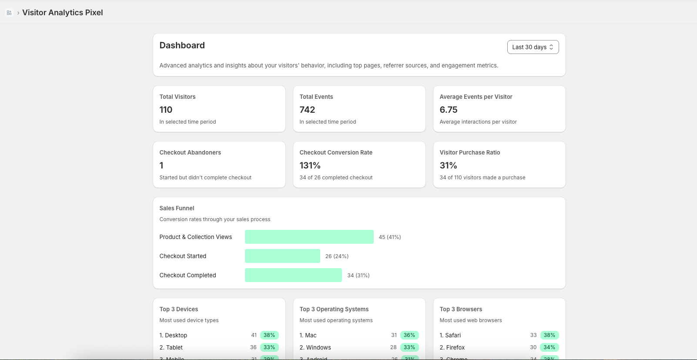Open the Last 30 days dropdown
click(x=533, y=47)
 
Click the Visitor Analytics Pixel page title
click(x=63, y=13)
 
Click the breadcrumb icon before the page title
click(x=9, y=13)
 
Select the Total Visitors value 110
click(x=166, y=110)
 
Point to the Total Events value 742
click(x=307, y=110)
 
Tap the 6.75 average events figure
click(x=449, y=110)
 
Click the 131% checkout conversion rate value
click(x=310, y=165)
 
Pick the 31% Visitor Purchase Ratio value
click(x=448, y=165)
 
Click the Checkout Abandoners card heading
click(x=190, y=152)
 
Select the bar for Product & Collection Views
click(x=309, y=237)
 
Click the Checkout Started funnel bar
click(x=282, y=256)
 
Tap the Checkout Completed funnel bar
click(x=293, y=275)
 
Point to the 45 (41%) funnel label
click(x=390, y=237)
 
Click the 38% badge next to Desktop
click(x=269, y=335)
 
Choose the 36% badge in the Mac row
click(x=409, y=335)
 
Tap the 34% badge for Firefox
click(x=550, y=347)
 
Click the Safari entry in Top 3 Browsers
click(x=450, y=335)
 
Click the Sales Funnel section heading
click(x=177, y=208)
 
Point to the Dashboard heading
click(x=182, y=45)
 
